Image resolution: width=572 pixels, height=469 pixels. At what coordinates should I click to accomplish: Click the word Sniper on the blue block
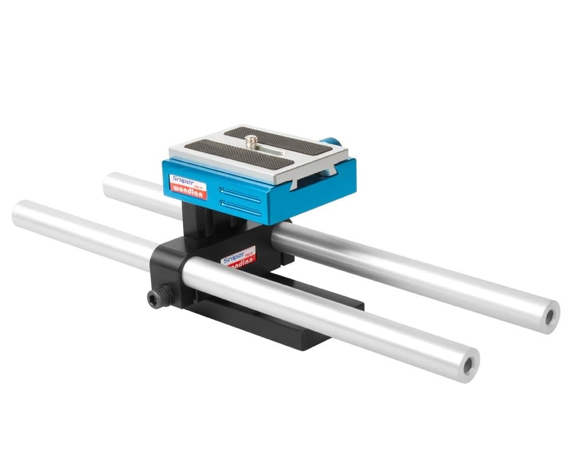183,179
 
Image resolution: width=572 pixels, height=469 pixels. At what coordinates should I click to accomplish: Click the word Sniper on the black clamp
235,258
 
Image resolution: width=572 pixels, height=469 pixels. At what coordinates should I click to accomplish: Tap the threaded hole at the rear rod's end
550,315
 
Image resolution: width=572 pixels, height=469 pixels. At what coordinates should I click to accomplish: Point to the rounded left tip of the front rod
17,213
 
